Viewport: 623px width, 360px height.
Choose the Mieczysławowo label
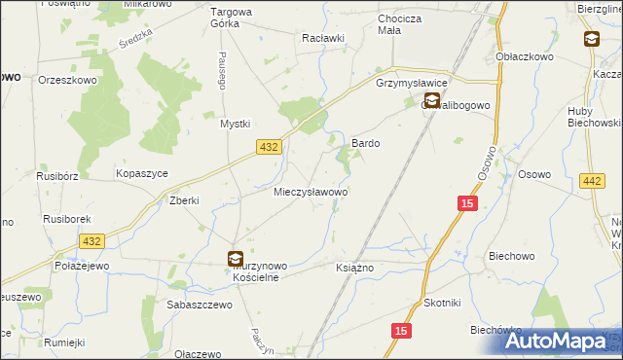311,193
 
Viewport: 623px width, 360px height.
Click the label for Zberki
184,200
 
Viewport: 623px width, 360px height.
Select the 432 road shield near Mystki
270,146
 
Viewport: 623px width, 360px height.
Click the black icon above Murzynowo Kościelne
236,259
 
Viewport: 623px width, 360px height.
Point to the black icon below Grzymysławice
430,100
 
